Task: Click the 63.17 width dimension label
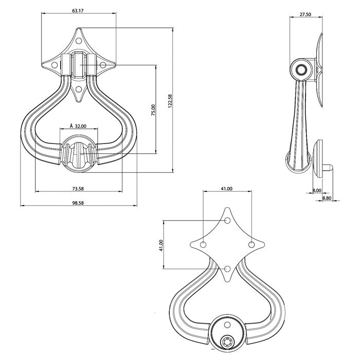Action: pyautogui.click(x=78, y=10)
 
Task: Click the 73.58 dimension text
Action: pyautogui.click(x=78, y=189)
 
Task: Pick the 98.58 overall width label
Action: pyautogui.click(x=78, y=203)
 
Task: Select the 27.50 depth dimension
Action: pyautogui.click(x=305, y=15)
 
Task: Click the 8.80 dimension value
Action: pyautogui.click(x=327, y=198)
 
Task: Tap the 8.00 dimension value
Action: pyautogui.click(x=317, y=191)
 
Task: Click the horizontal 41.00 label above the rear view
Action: pyautogui.click(x=227, y=189)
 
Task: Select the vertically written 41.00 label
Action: pyautogui.click(x=161, y=245)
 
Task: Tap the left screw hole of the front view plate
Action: pyautogui.click(x=53, y=65)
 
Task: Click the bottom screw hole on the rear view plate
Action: pyautogui.click(x=227, y=268)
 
